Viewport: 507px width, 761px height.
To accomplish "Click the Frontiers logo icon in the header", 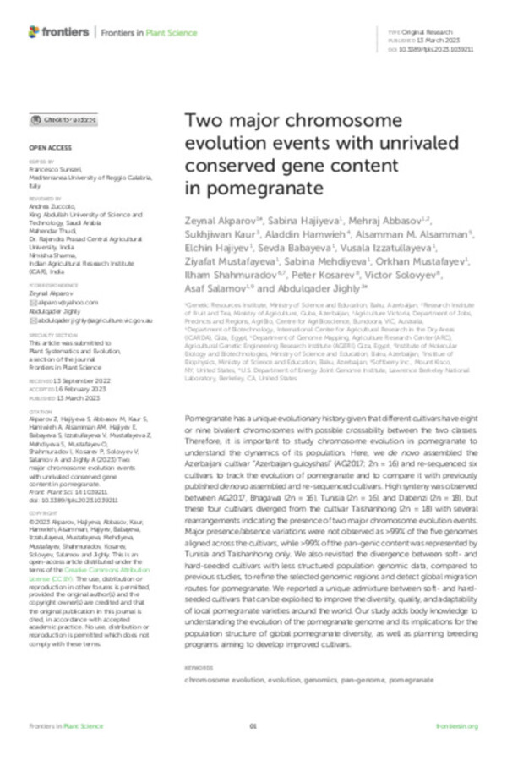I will pyautogui.click(x=34, y=31).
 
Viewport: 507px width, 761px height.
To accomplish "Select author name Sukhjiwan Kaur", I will pyautogui.click(x=220, y=233).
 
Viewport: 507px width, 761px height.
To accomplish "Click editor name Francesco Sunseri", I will pyautogui.click(x=58, y=169).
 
